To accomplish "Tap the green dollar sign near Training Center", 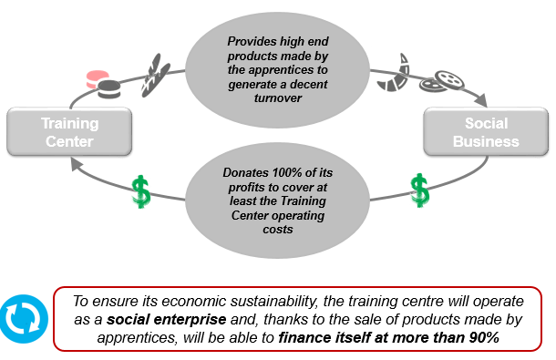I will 140,191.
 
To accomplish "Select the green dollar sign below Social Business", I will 419,190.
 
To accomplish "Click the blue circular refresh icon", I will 24,318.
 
